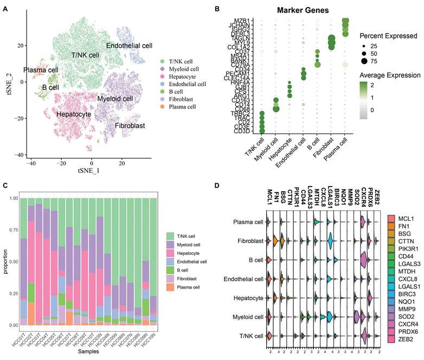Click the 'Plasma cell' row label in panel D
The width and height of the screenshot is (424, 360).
[x=248, y=222]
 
